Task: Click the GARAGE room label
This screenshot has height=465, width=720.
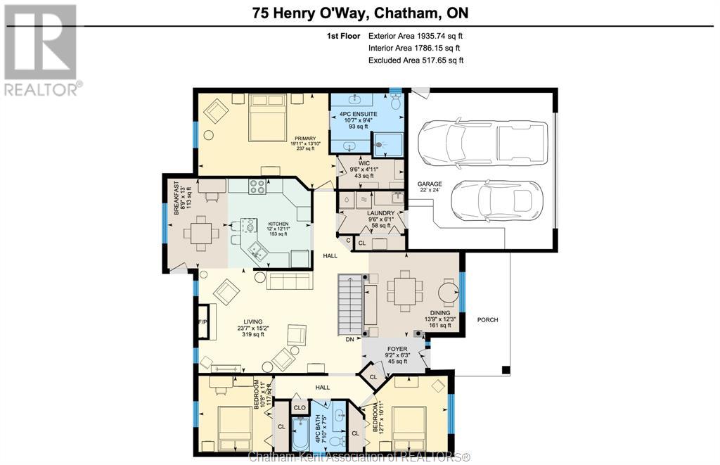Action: click(x=430, y=184)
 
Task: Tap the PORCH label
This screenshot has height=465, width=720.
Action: click(x=488, y=320)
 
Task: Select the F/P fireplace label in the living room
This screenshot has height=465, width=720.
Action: click(x=202, y=322)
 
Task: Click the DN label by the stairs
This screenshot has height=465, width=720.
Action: click(x=350, y=340)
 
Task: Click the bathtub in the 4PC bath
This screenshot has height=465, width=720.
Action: click(x=301, y=434)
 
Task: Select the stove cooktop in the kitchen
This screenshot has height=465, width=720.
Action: click(x=257, y=186)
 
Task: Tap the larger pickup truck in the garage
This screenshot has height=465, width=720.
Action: click(x=482, y=142)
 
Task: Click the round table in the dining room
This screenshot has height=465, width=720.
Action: click(x=448, y=292)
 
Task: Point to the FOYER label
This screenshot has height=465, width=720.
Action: click(x=397, y=349)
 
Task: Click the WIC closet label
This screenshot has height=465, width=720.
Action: click(x=364, y=163)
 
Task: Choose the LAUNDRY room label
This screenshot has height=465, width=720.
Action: click(x=380, y=213)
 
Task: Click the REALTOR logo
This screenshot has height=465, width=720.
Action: click(x=41, y=50)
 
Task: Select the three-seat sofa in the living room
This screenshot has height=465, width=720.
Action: click(x=290, y=281)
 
